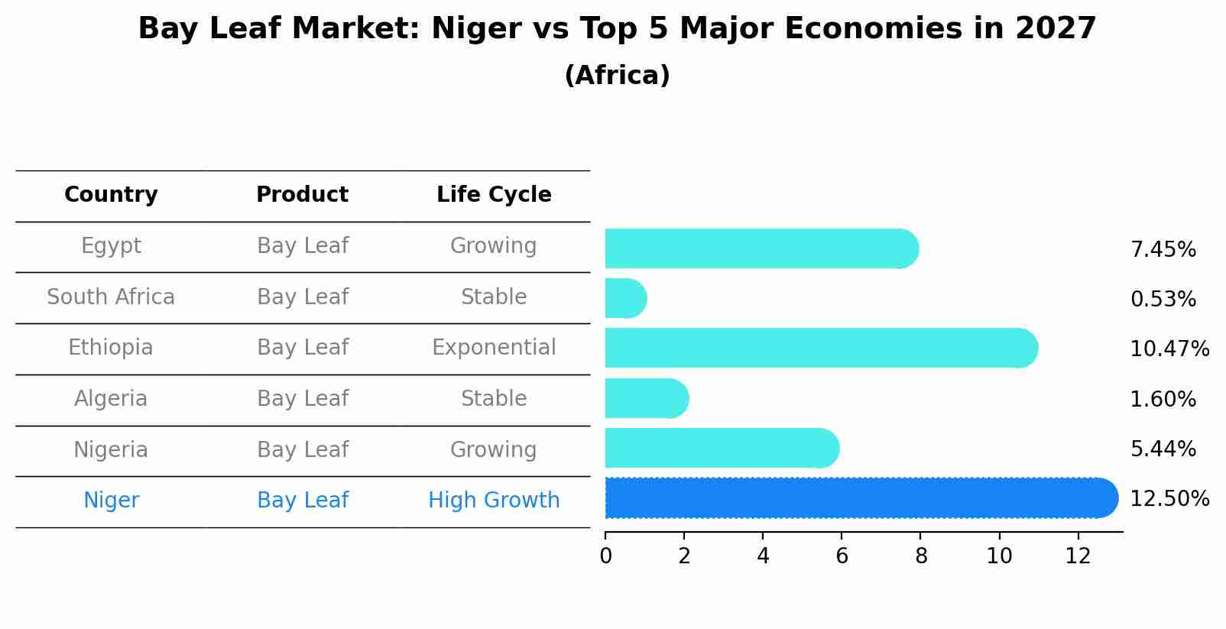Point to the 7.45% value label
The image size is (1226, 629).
tap(1163, 250)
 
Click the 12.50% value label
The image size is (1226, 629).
tap(1169, 499)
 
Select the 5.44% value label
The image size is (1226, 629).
tap(1163, 449)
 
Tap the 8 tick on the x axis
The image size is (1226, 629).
tap(921, 556)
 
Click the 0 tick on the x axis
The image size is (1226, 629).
tap(605, 556)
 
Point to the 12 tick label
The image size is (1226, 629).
tap(1078, 556)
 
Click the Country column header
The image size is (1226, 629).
tap(111, 195)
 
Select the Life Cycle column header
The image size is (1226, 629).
tap(494, 195)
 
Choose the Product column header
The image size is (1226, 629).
tap(302, 195)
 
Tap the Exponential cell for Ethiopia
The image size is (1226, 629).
tap(494, 348)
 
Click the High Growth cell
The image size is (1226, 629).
tap(494, 501)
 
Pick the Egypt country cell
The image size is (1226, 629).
tap(111, 246)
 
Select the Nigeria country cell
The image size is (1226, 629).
tap(111, 450)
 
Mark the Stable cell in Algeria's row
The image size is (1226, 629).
tap(494, 399)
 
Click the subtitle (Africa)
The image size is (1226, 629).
tap(617, 76)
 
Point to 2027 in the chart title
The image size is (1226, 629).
tap(1056, 29)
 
